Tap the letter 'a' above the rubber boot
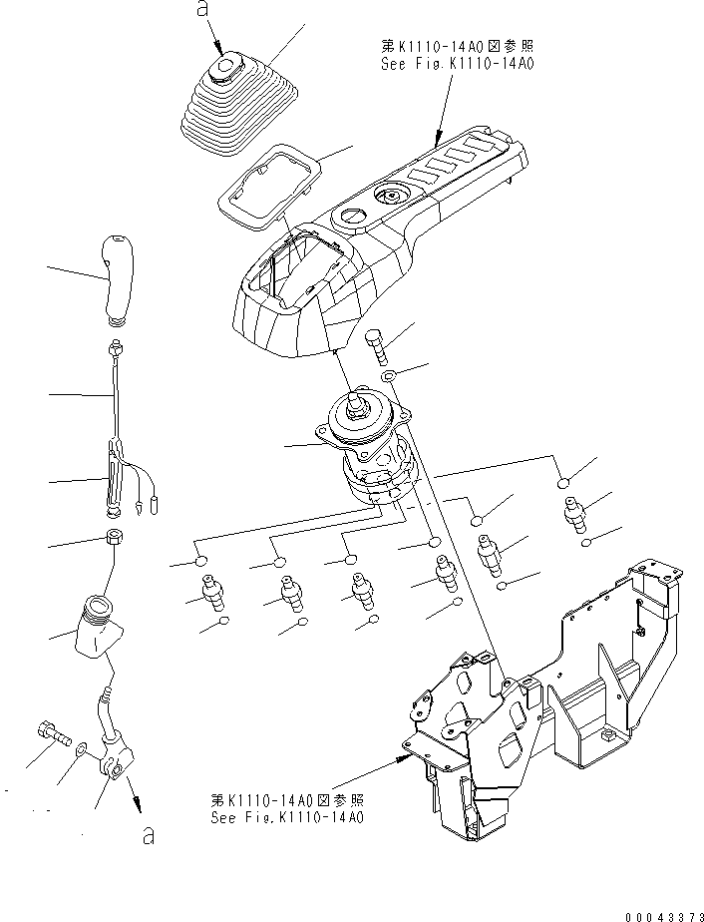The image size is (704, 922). pyautogui.click(x=203, y=9)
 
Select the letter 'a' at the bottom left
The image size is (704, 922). pyautogui.click(x=148, y=836)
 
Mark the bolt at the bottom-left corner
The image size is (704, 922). pyautogui.click(x=51, y=735)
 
